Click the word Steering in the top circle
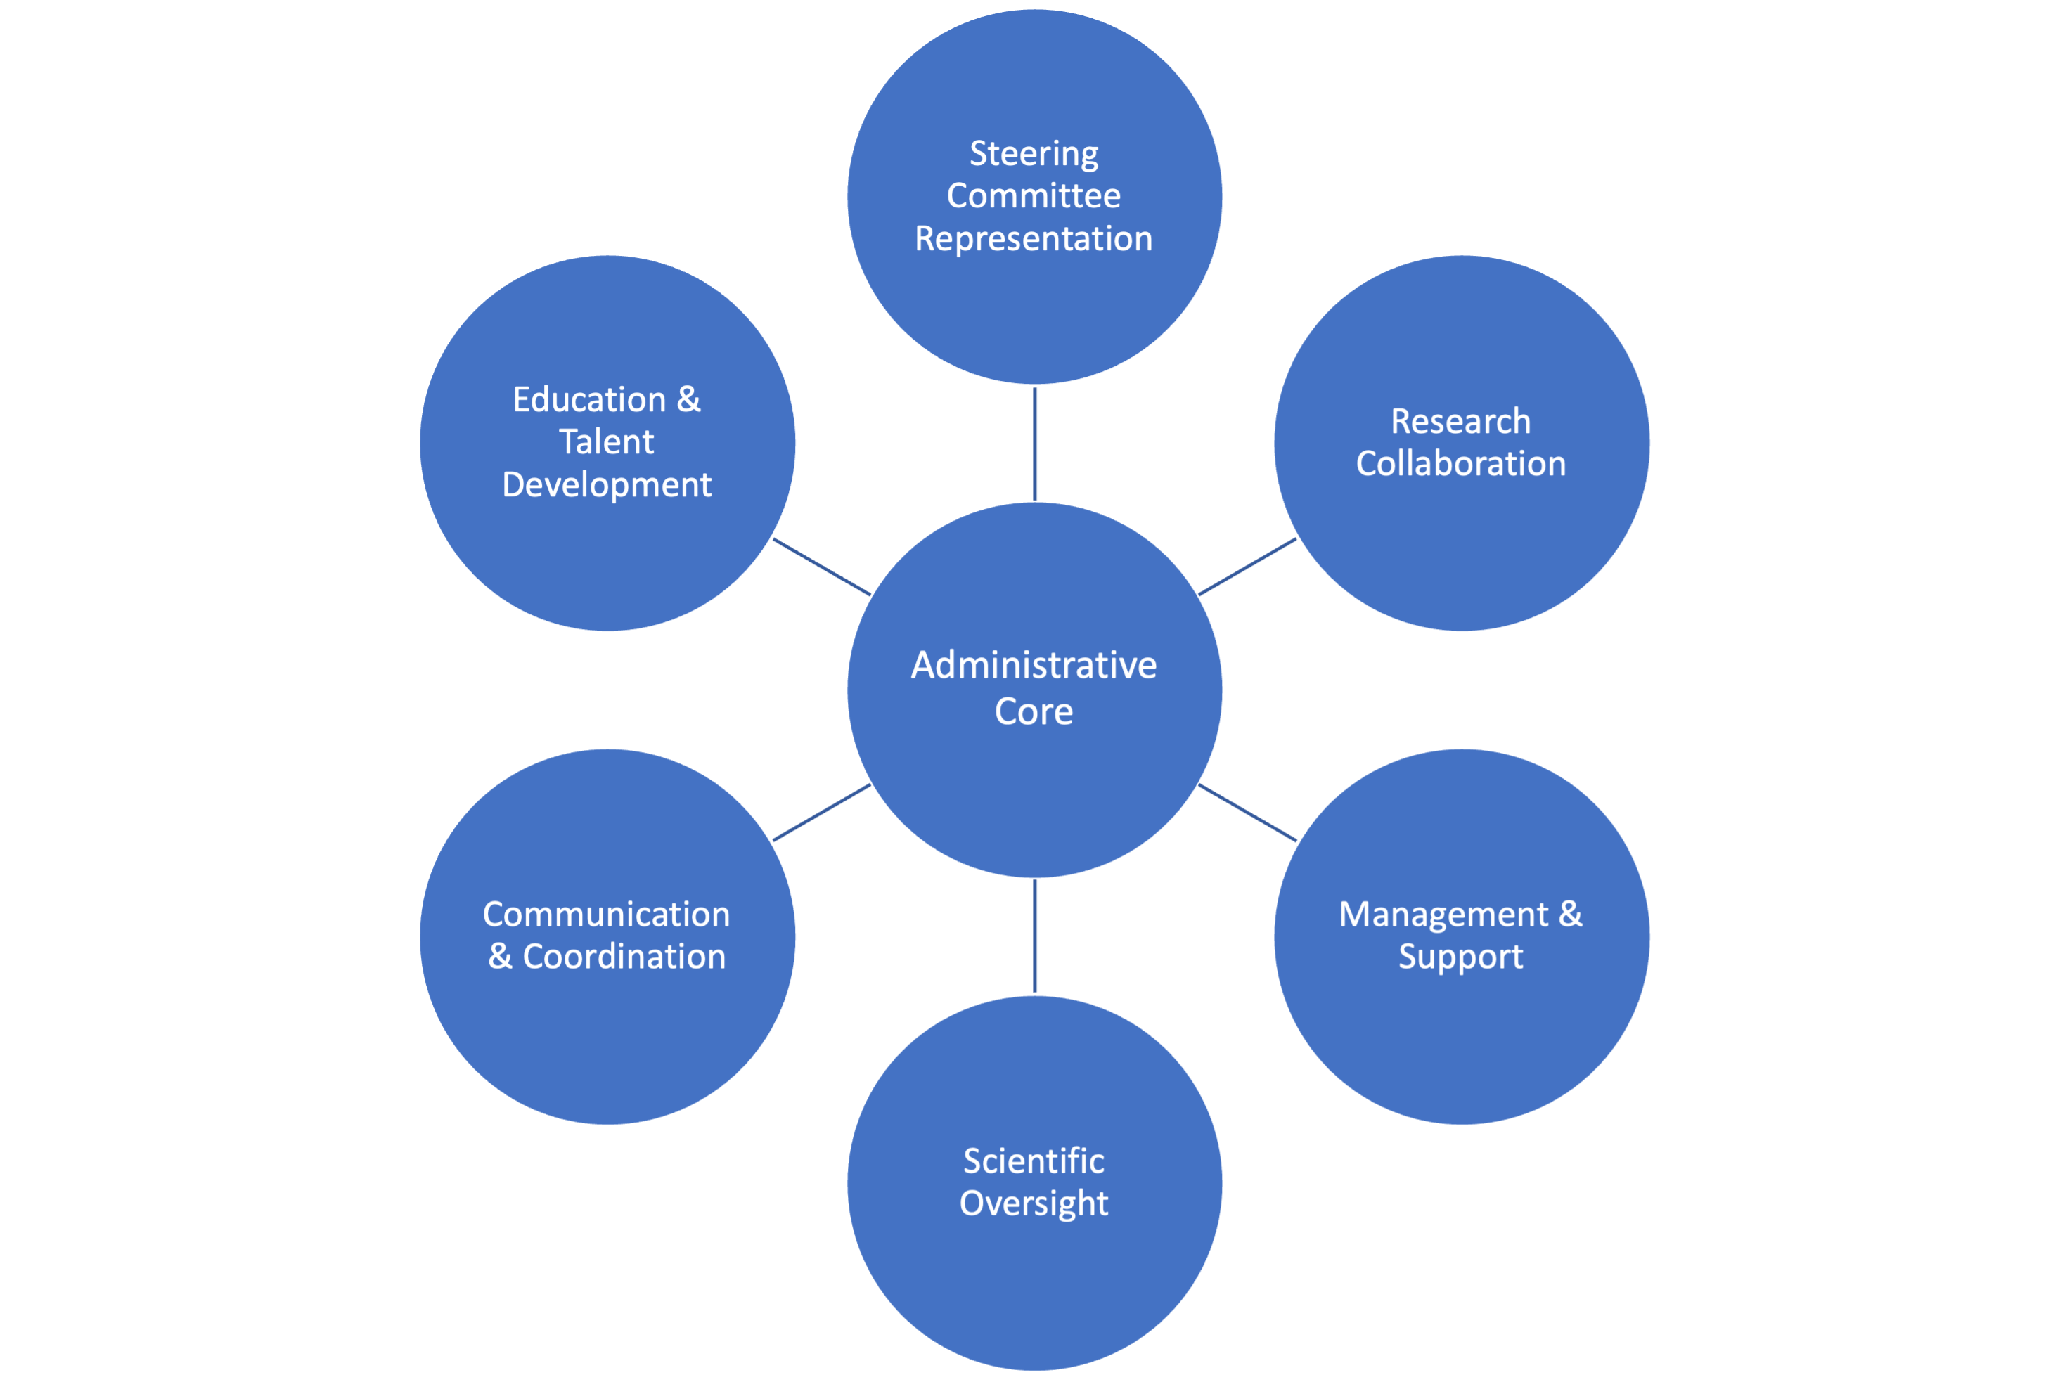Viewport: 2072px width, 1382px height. pyautogui.click(x=1034, y=154)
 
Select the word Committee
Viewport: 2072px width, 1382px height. pyautogui.click(x=1034, y=195)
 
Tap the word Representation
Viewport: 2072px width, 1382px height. pyautogui.click(x=1034, y=239)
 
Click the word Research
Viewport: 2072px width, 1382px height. pyautogui.click(x=1460, y=421)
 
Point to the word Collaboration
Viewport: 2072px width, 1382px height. pyautogui.click(x=1460, y=464)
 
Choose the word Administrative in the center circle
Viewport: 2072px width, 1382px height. pyautogui.click(x=1034, y=666)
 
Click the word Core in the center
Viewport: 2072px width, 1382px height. pyautogui.click(x=1034, y=711)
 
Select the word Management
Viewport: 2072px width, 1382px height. pyautogui.click(x=1443, y=915)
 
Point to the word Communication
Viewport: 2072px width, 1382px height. pyautogui.click(x=606, y=915)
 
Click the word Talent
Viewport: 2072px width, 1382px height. pyautogui.click(x=606, y=441)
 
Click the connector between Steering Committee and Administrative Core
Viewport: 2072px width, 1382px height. pyautogui.click(x=1035, y=444)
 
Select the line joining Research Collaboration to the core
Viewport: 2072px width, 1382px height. pyautogui.click(x=1248, y=567)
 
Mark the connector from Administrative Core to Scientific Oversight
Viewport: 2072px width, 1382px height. pyautogui.click(x=1035, y=936)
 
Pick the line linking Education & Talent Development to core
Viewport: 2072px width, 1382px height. pyautogui.click(x=821, y=567)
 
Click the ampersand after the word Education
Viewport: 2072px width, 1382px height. pyautogui.click(x=688, y=400)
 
